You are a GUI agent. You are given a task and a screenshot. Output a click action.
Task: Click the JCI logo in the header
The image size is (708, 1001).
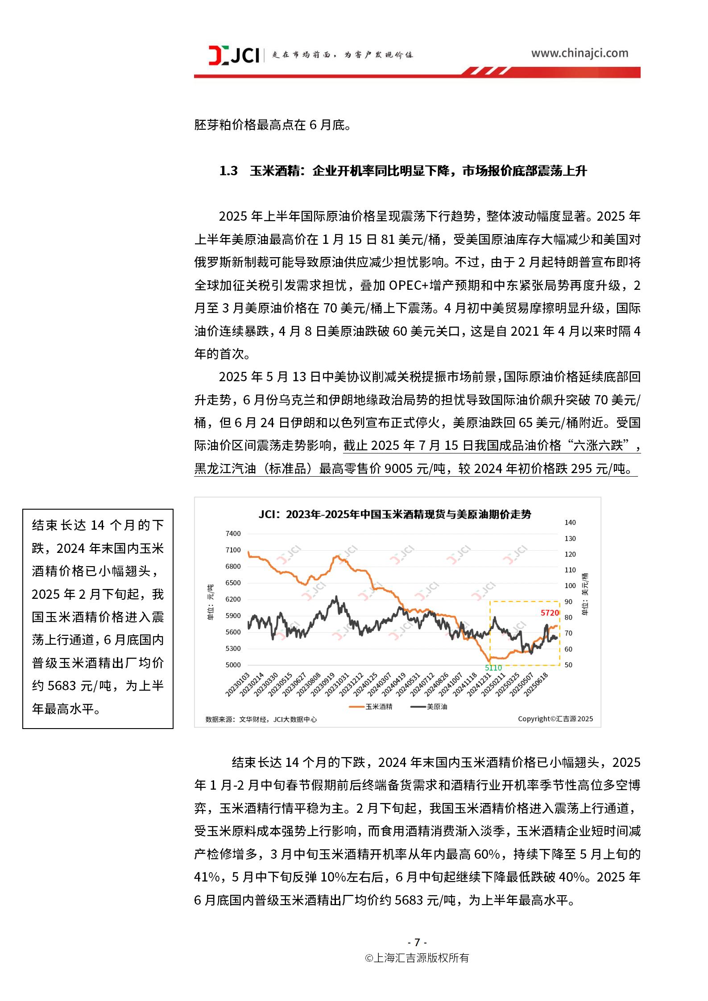point(234,55)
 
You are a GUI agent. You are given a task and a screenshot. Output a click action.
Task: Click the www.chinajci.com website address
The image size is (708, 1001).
point(579,53)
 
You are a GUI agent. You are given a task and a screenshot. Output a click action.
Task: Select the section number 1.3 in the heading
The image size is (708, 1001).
point(228,171)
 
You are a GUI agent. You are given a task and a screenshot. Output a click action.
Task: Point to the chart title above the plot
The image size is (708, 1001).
point(395,514)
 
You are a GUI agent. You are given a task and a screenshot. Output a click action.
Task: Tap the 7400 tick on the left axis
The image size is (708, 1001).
point(233,533)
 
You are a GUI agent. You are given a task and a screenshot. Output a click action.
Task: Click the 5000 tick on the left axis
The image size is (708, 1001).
point(233,665)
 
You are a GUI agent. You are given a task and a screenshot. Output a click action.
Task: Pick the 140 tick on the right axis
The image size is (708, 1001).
point(570,523)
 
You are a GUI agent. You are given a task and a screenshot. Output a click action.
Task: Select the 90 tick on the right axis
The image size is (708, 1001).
point(568,601)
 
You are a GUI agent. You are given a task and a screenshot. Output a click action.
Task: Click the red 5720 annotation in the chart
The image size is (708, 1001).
point(550,613)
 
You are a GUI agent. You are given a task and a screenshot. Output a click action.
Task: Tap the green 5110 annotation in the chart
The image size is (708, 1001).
point(493,668)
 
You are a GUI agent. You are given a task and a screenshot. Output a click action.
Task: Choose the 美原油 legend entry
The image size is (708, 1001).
point(430,707)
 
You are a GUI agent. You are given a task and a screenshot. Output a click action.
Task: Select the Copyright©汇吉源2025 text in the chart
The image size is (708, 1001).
point(555,719)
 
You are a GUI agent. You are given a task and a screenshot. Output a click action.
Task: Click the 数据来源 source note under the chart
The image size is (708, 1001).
point(261,719)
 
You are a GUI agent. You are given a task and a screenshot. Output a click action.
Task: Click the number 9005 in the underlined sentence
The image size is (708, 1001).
point(398,469)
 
